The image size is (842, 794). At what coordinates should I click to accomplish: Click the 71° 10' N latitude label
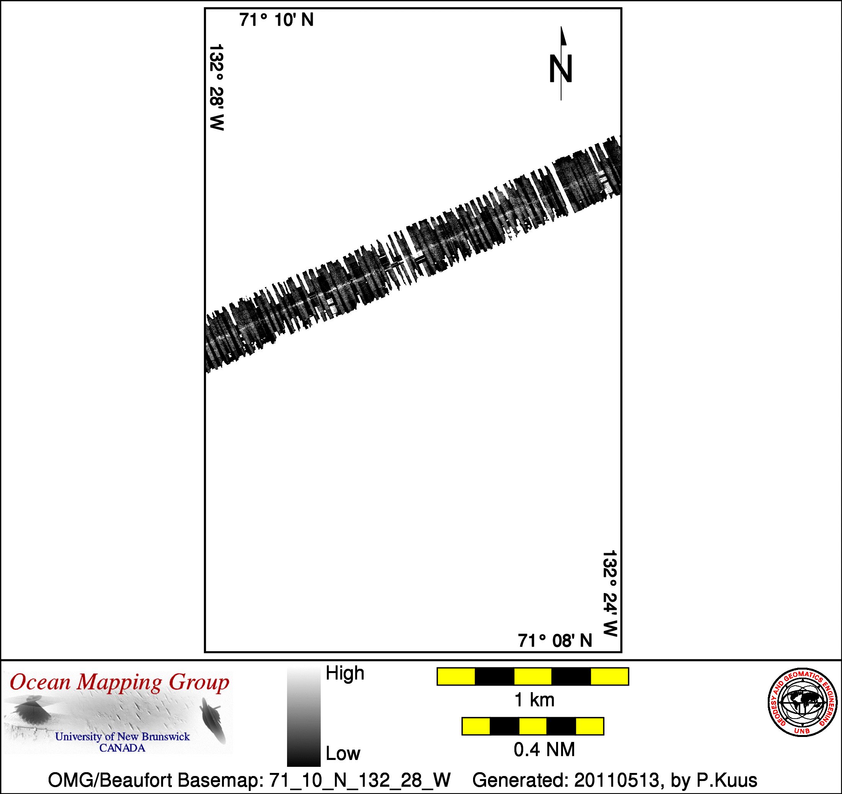click(276, 20)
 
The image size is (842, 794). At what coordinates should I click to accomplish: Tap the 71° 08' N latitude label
click(555, 640)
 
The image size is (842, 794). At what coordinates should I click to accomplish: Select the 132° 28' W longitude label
click(216, 87)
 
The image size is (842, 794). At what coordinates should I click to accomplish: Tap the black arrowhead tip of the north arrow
click(561, 27)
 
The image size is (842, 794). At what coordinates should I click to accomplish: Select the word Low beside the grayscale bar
click(343, 753)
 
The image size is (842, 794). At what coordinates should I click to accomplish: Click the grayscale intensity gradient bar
click(304, 716)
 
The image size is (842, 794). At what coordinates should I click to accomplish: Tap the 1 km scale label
click(534, 700)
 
